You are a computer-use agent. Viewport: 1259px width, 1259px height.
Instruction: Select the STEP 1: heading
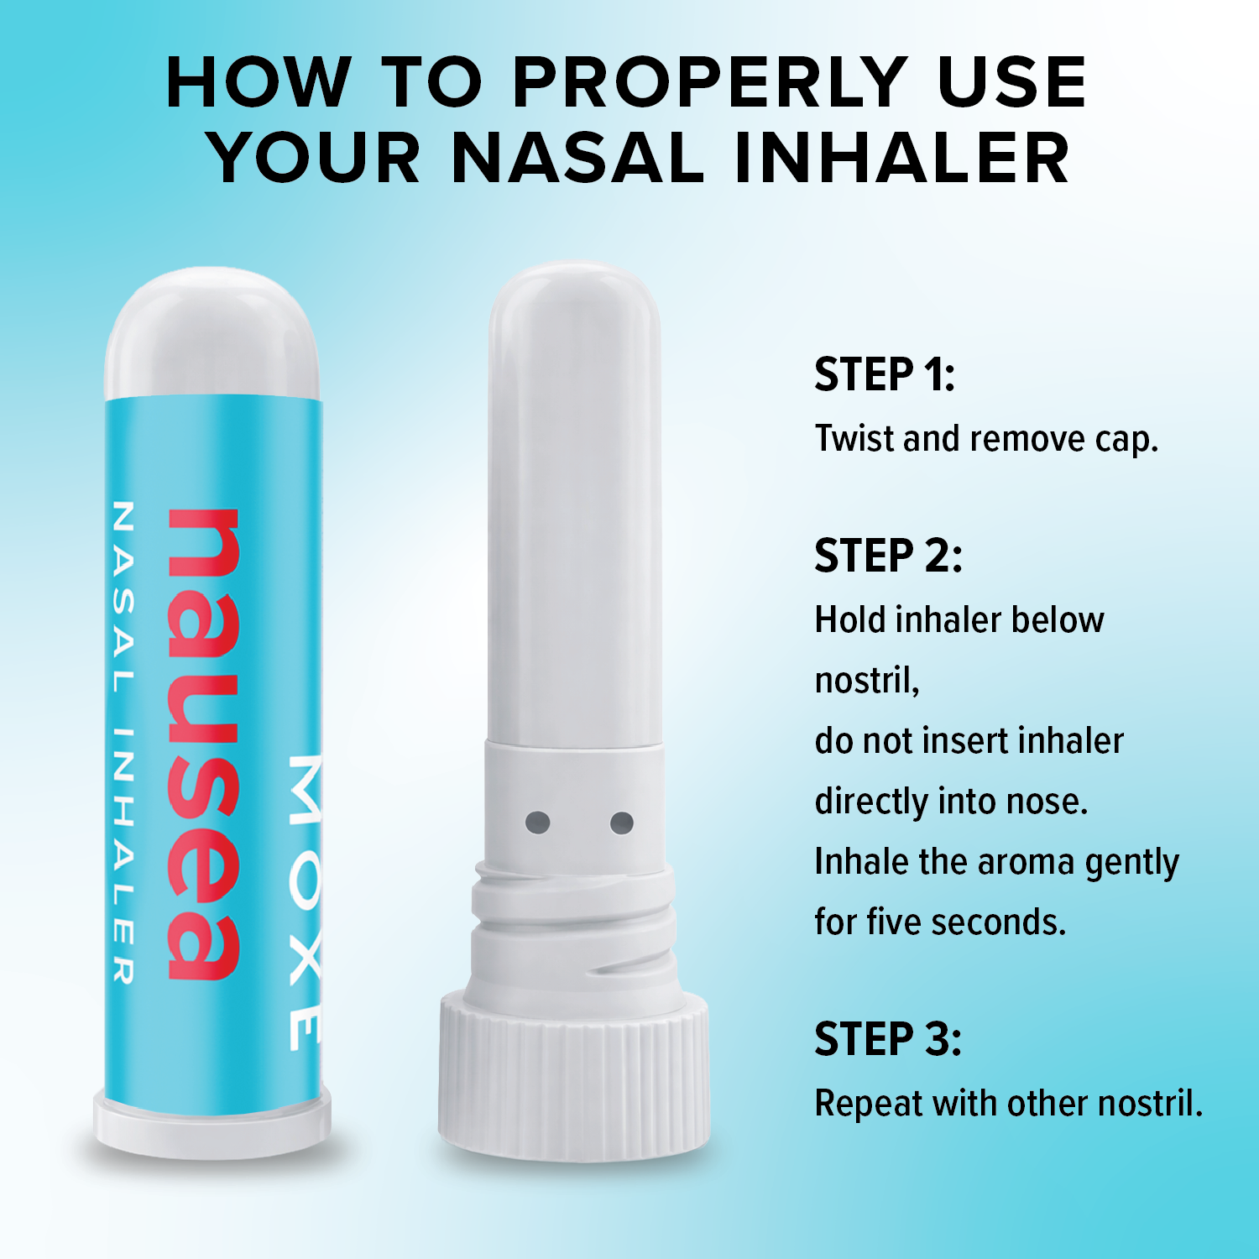885,374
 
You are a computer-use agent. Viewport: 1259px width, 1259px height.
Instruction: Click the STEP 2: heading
888,556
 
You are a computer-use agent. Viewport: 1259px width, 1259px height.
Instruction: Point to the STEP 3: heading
888,1039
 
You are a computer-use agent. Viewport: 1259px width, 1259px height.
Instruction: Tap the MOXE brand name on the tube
305,902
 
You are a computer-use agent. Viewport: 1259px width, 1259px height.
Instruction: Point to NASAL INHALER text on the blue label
123,742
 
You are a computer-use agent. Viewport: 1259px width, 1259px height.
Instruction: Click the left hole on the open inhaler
538,823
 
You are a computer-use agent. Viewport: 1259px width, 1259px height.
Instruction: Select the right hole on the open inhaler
622,823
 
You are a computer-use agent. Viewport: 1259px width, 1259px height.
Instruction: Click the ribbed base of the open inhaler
573,1076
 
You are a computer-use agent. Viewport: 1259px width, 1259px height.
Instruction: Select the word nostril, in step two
867,681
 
